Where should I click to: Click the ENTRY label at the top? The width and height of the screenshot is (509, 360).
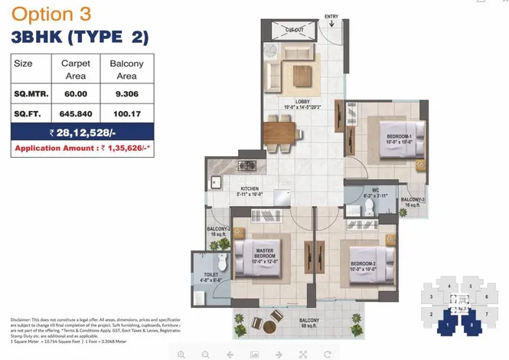(331, 16)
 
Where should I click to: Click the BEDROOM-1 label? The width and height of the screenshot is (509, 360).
(400, 137)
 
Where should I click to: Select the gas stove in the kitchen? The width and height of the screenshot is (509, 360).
(246, 165)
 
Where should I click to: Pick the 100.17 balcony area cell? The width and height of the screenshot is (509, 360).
(126, 115)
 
